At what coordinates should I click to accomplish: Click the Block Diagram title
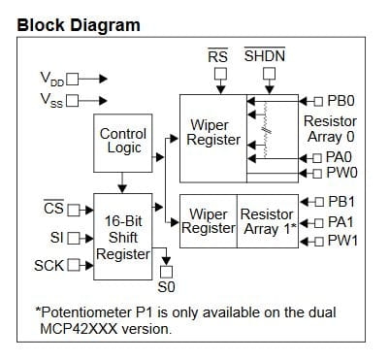(79, 24)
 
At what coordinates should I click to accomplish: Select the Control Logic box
(123, 141)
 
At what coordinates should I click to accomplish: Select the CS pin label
(54, 207)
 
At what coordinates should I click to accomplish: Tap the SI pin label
(56, 236)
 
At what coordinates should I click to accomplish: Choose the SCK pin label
(49, 264)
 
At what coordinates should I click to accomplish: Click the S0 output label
(166, 287)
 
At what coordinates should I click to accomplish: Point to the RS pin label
(218, 56)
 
